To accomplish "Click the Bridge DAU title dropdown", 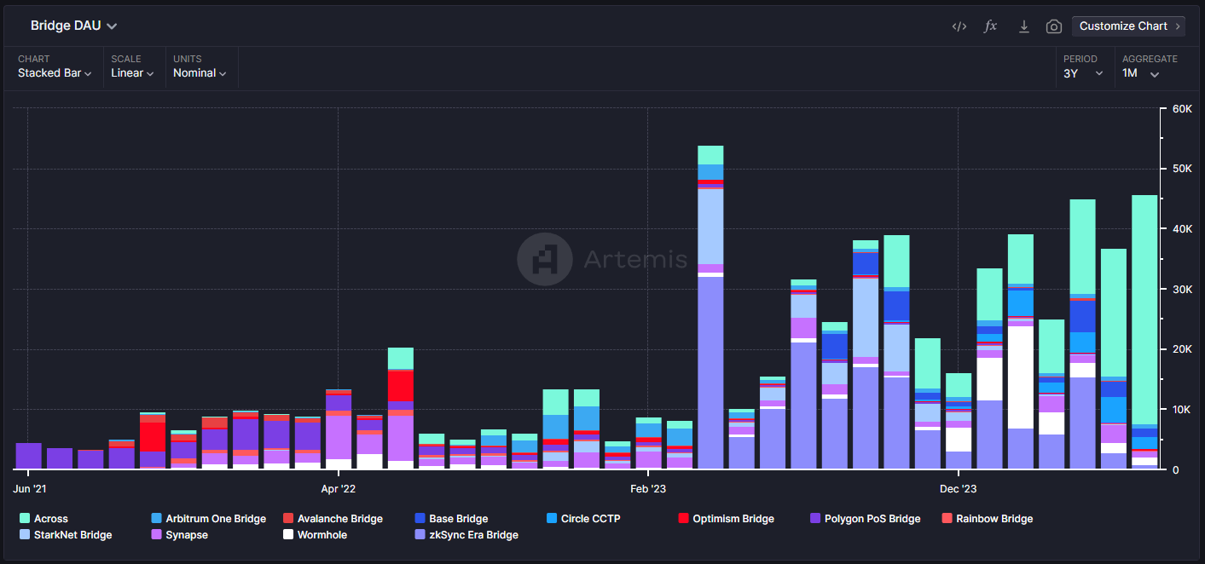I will click(73, 26).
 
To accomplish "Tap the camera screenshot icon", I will click(1054, 26).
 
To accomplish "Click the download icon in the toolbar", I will click(1023, 26).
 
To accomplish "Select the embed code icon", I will click(959, 26).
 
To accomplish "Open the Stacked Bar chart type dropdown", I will click(55, 73).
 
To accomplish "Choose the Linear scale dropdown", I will click(132, 73).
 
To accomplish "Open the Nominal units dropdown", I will click(200, 73).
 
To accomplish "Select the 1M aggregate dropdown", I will click(1141, 73).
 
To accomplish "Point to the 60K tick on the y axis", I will click(1181, 109).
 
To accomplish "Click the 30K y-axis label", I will click(1181, 290).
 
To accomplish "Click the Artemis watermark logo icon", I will click(545, 259).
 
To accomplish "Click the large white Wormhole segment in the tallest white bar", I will click(1020, 377).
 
